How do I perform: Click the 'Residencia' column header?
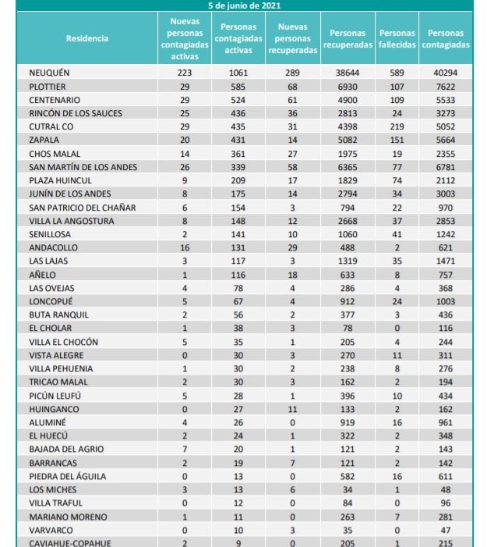coord(87,38)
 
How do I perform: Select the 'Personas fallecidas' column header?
coord(397,39)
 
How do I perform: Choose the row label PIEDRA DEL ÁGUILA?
coord(68,476)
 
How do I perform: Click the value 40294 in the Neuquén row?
coord(445,73)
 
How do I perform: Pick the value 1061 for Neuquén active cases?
coord(238,73)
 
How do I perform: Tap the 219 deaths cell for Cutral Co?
coord(397,126)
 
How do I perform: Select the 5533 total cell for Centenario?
coord(445,100)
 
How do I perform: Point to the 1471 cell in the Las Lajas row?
coord(445,261)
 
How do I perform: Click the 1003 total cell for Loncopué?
coord(445,301)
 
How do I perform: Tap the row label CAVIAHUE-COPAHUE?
coord(69,542)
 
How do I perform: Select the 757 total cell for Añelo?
coord(445,275)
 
